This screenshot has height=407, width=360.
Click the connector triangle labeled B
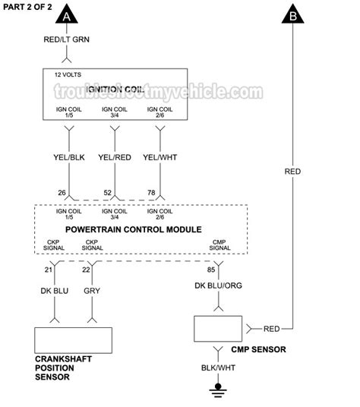click(292, 15)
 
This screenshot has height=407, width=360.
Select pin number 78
click(152, 192)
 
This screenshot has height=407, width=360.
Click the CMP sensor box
click(219, 329)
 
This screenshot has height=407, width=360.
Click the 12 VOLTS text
click(68, 76)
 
